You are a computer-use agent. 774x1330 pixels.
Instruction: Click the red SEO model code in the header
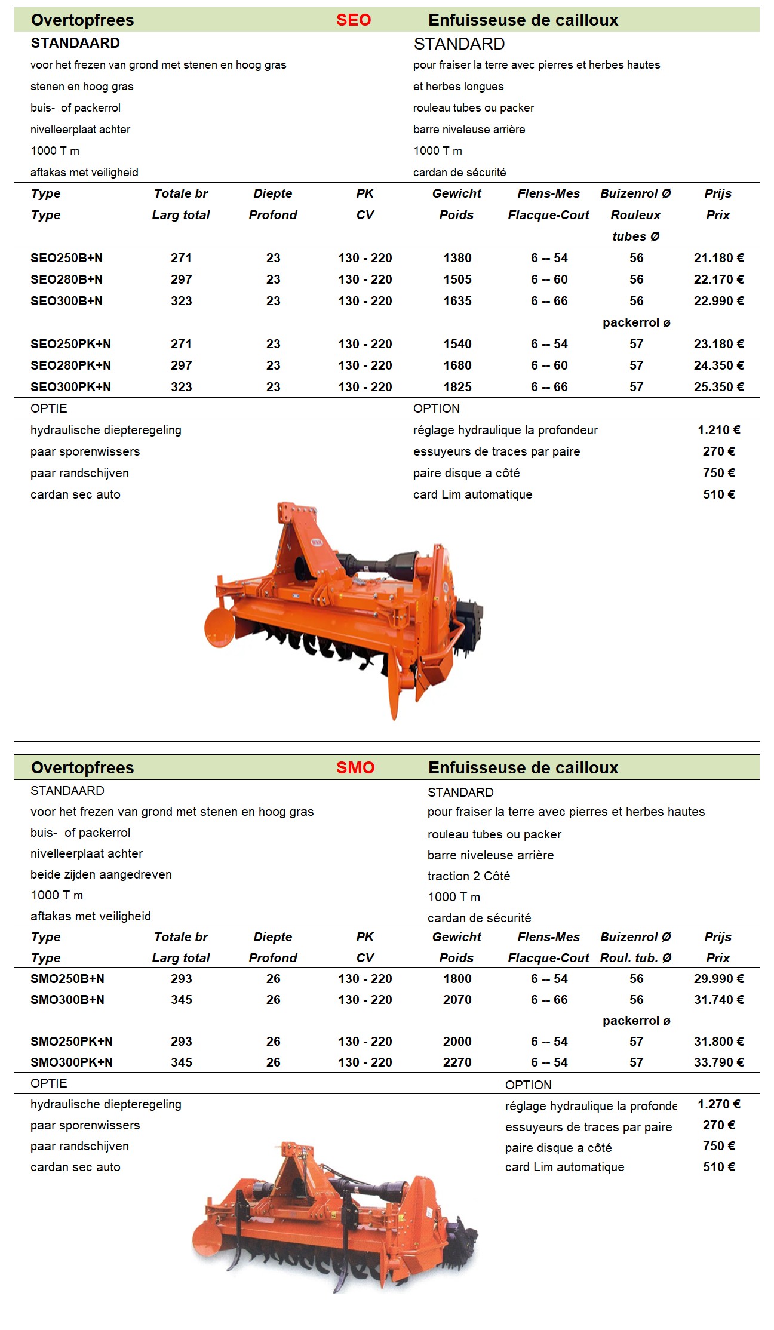353,20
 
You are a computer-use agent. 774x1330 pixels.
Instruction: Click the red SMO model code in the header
355,767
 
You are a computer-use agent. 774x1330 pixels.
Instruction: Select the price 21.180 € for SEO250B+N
718,258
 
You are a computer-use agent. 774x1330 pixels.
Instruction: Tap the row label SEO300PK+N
70,387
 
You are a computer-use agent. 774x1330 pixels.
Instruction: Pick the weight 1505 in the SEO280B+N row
457,279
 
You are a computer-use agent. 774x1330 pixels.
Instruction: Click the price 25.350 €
718,387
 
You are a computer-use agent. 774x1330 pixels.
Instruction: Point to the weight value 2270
457,1062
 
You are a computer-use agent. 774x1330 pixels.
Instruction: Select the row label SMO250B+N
67,979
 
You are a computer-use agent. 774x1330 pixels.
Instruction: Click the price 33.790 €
718,1062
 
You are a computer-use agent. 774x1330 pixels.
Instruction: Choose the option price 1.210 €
718,430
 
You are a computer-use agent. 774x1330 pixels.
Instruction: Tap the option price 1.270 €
718,1104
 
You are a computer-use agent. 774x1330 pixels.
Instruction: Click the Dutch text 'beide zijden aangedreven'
101,874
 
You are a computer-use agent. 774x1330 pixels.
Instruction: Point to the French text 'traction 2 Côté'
469,876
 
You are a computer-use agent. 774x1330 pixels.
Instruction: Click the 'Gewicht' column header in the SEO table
456,193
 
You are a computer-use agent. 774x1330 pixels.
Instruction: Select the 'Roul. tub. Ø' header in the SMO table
635,958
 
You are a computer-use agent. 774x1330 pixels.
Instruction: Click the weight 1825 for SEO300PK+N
457,387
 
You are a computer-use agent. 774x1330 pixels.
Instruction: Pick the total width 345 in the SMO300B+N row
181,1000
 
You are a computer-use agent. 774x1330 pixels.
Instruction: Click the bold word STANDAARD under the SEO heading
75,43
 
